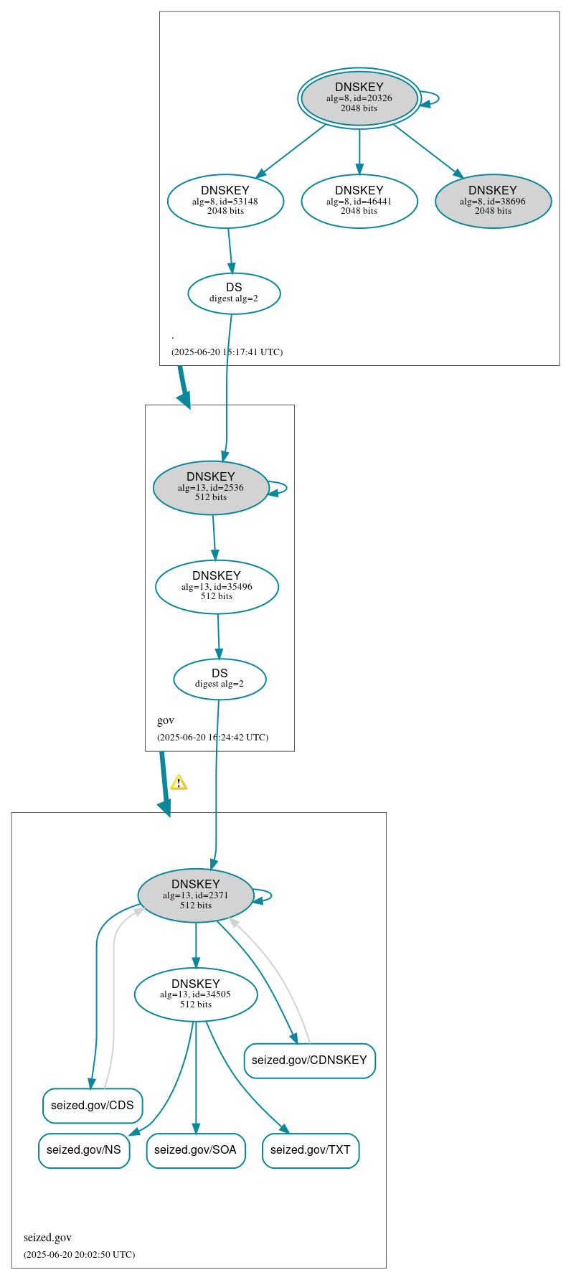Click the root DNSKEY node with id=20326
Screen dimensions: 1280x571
(359, 98)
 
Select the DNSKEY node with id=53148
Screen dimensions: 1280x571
(225, 201)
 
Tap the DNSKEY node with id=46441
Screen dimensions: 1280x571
(359, 201)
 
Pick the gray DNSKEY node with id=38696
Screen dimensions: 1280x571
(493, 201)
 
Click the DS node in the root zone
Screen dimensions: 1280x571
(234, 293)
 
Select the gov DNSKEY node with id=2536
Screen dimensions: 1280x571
(211, 487)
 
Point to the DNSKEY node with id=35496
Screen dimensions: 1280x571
(217, 586)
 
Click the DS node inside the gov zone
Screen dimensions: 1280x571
(220, 678)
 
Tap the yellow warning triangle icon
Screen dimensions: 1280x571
(179, 783)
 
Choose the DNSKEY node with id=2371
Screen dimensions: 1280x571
(196, 895)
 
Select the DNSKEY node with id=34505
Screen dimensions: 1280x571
(196, 994)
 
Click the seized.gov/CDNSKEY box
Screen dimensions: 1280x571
(309, 1060)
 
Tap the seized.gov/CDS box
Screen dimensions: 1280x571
(93, 1105)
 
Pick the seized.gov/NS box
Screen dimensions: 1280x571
(84, 1150)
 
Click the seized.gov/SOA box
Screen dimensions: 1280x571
(195, 1150)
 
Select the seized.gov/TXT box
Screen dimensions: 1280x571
(311, 1150)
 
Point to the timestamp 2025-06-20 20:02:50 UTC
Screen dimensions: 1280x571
(79, 1255)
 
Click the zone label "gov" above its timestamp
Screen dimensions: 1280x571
(166, 720)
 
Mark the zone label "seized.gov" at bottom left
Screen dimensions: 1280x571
(47, 1238)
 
